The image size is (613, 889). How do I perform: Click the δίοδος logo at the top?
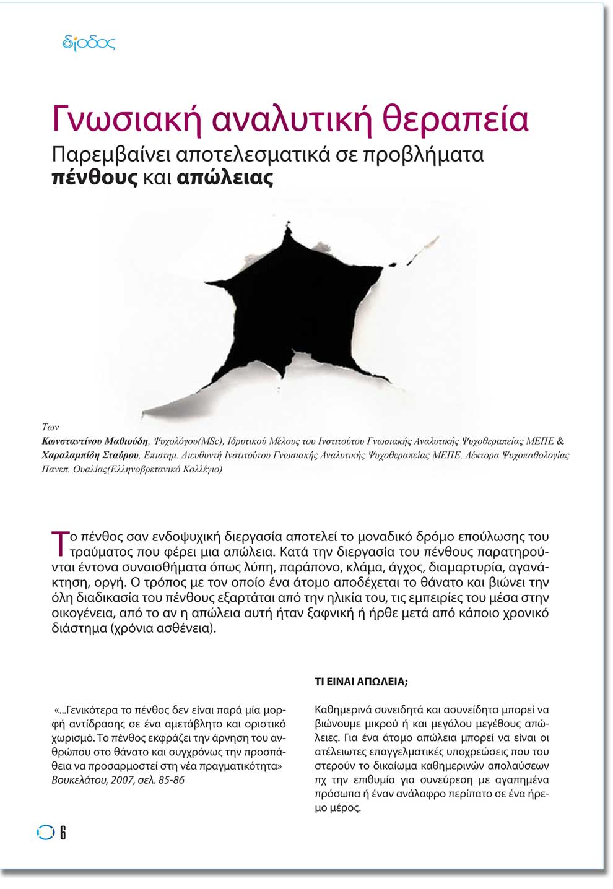pos(89,43)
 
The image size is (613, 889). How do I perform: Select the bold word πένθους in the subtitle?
pos(95,178)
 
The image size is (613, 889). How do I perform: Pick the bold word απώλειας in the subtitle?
pos(225,178)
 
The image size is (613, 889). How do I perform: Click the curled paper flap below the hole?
pos(186,402)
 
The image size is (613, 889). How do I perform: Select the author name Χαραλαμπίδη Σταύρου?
pos(90,455)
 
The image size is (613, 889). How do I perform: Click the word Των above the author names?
pos(50,427)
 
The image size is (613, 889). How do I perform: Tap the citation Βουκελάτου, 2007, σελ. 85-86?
pos(118,780)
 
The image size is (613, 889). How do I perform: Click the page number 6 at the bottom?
pos(63,833)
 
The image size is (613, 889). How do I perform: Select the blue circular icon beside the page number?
pos(45,833)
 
